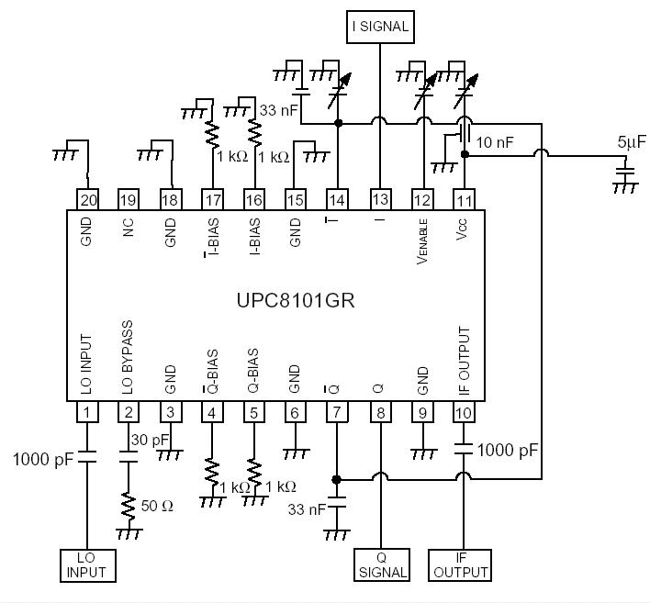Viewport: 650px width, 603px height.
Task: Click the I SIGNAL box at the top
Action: click(x=380, y=28)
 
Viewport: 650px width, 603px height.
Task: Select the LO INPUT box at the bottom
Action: click(x=86, y=564)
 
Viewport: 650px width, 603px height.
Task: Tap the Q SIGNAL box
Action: click(x=381, y=564)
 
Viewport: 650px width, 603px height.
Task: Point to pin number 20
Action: click(x=87, y=199)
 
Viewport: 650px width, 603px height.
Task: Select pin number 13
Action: click(x=380, y=199)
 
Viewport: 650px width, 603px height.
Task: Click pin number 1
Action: click(x=87, y=413)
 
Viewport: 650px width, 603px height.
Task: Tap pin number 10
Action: click(x=463, y=413)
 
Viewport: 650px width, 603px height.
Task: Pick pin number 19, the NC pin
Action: click(x=129, y=199)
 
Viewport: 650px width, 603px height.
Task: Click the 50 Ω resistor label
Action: click(x=157, y=505)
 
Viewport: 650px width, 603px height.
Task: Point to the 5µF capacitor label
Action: click(x=633, y=143)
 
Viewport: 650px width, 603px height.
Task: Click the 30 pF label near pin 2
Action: click(x=148, y=440)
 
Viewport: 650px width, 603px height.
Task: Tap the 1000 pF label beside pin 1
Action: click(x=41, y=458)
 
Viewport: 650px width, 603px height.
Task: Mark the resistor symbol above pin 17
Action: click(x=212, y=134)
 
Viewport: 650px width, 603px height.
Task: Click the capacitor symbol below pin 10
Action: click(x=463, y=450)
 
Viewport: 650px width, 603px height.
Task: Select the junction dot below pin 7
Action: click(x=337, y=479)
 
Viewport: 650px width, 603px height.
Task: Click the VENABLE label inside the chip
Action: click(x=423, y=243)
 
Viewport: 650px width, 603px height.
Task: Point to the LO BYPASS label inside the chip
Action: click(x=129, y=358)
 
